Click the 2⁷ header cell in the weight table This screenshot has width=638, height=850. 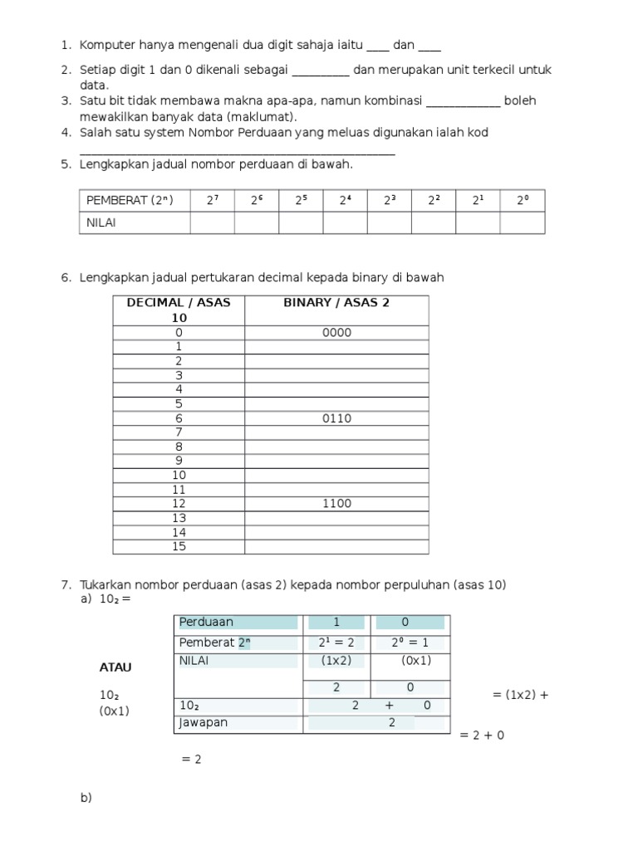212,200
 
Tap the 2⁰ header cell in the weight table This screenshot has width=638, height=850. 522,200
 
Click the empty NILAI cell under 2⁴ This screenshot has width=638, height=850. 345,222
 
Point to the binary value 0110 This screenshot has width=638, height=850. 336,418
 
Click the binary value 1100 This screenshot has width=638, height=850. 336,503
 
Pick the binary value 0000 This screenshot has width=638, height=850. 336,333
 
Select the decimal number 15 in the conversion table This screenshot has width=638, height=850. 179,546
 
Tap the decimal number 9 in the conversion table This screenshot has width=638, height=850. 179,461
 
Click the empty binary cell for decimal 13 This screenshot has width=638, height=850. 336,518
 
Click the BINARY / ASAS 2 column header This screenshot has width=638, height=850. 336,303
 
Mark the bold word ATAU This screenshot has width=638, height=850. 115,667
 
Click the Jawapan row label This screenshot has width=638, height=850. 204,722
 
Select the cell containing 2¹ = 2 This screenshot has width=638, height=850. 336,642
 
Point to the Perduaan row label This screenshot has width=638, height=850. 207,622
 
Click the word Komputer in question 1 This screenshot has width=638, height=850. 107,46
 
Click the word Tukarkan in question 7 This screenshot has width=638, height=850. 106,584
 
